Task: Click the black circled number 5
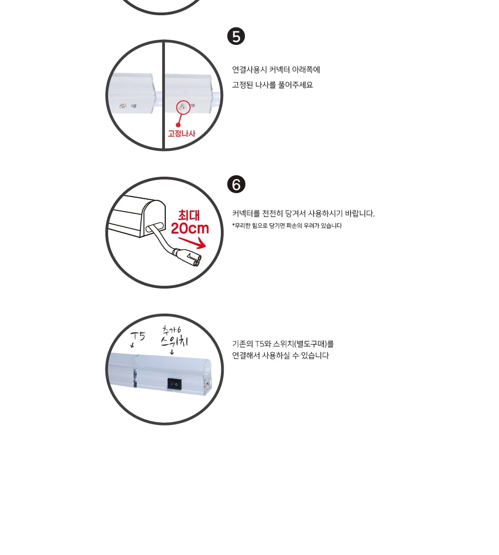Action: (x=236, y=36)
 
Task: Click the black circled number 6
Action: (x=236, y=184)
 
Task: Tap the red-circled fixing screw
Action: (x=183, y=107)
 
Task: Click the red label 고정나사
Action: (x=182, y=134)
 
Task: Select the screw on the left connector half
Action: (x=123, y=106)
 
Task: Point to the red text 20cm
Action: (x=189, y=228)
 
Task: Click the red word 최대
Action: (x=189, y=215)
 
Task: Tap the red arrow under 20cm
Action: (x=192, y=242)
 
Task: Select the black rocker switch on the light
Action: (x=175, y=384)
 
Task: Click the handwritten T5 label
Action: (x=138, y=336)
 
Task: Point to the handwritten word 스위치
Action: (x=174, y=341)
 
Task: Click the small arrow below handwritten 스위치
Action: (x=172, y=352)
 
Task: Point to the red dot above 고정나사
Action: (x=178, y=125)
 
